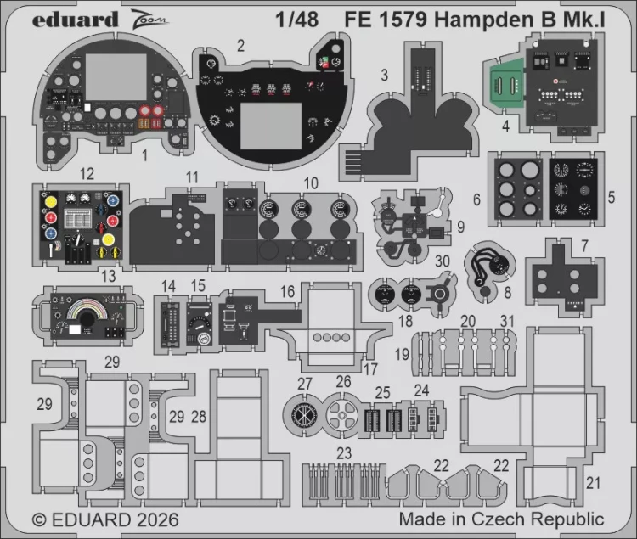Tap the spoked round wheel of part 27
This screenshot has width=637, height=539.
[x=303, y=413]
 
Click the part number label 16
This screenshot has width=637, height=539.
[x=288, y=291]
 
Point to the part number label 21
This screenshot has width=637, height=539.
[x=592, y=483]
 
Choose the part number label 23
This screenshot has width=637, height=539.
[x=344, y=452]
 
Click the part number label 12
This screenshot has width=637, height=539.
[x=87, y=174]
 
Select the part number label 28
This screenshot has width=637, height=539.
[x=199, y=416]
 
